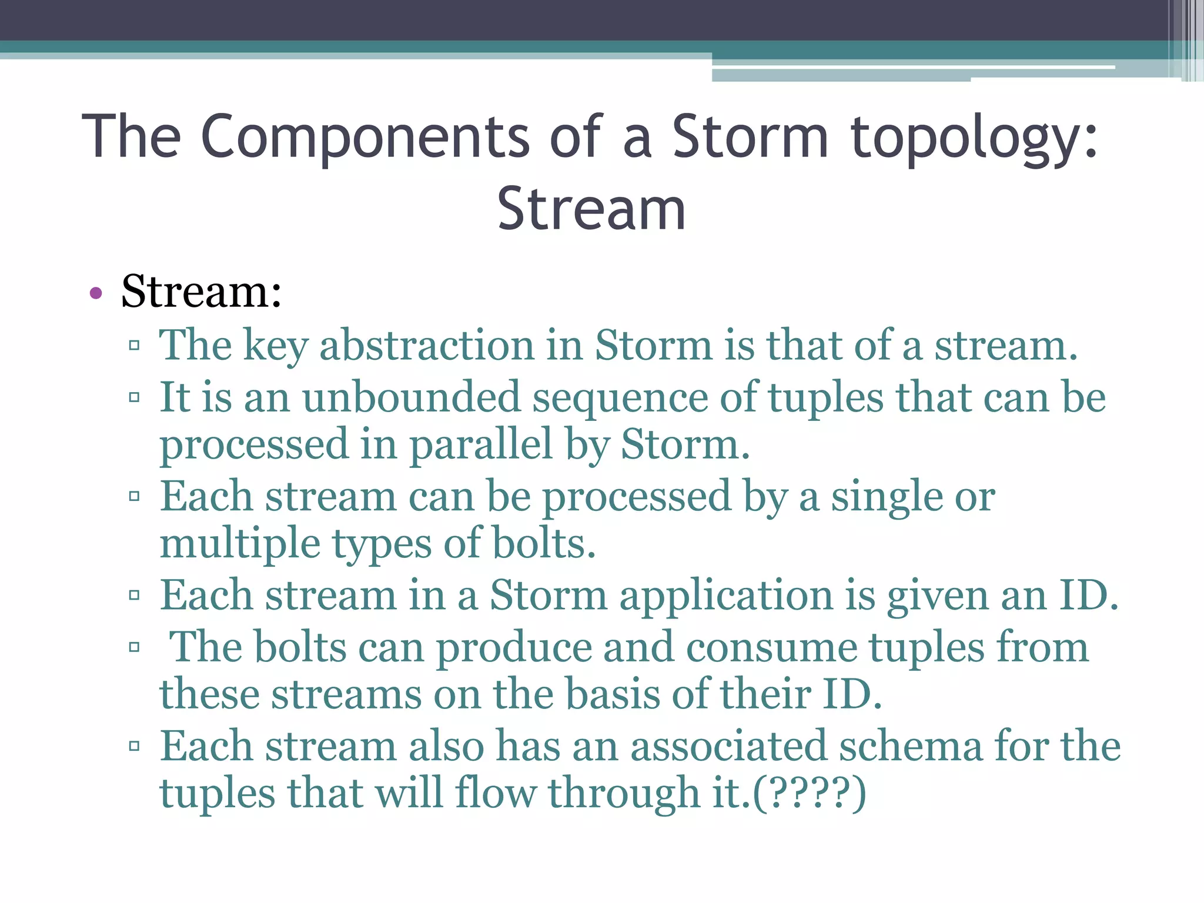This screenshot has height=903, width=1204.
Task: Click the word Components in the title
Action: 365,136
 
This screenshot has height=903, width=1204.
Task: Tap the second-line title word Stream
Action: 591,209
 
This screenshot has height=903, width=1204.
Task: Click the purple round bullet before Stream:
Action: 96,293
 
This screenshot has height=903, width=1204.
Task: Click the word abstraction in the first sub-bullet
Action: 427,345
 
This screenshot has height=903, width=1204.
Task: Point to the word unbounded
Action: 412,397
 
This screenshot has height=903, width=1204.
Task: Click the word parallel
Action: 481,444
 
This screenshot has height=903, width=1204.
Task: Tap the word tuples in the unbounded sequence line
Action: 826,397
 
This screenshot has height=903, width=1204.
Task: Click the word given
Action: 938,596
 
